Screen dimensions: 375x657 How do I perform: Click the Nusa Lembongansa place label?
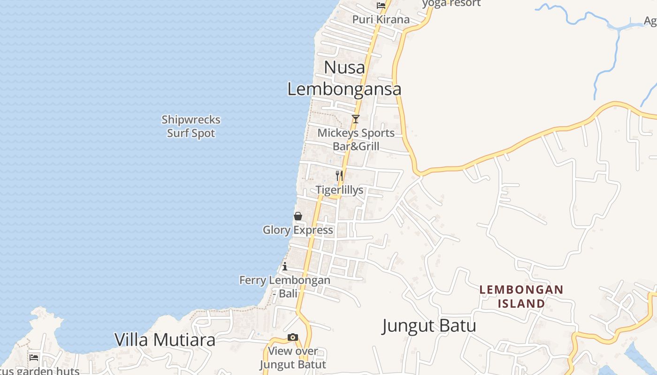pyautogui.click(x=344, y=78)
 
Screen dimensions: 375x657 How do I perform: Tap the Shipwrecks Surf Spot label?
pyautogui.click(x=191, y=127)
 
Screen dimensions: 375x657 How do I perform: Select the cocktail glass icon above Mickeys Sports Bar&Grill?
pyautogui.click(x=356, y=119)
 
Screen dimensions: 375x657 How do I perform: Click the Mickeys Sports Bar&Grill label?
pyautogui.click(x=356, y=139)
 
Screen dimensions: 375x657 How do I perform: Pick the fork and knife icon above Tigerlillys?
pyautogui.click(x=339, y=176)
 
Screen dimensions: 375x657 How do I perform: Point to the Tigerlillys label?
pyautogui.click(x=339, y=190)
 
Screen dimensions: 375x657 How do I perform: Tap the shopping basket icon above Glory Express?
pyautogui.click(x=298, y=216)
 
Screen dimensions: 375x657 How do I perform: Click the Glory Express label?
pyautogui.click(x=298, y=230)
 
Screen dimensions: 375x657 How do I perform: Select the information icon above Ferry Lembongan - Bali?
pyautogui.click(x=285, y=267)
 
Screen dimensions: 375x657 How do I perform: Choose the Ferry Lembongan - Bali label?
pyautogui.click(x=285, y=287)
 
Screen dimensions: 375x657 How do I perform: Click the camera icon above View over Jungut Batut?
pyautogui.click(x=293, y=337)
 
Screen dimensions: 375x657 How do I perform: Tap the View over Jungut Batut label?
pyautogui.click(x=293, y=358)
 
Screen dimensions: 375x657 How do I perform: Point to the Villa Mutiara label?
pyautogui.click(x=165, y=340)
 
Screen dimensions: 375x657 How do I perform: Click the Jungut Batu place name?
pyautogui.click(x=429, y=326)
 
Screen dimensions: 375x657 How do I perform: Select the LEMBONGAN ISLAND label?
pyautogui.click(x=521, y=296)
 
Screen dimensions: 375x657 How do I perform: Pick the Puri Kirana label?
pyautogui.click(x=381, y=20)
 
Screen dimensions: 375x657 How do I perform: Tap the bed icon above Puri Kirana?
pyautogui.click(x=381, y=6)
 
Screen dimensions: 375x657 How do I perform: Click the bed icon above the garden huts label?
pyautogui.click(x=34, y=357)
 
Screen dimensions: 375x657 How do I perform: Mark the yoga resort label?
pyautogui.click(x=451, y=3)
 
